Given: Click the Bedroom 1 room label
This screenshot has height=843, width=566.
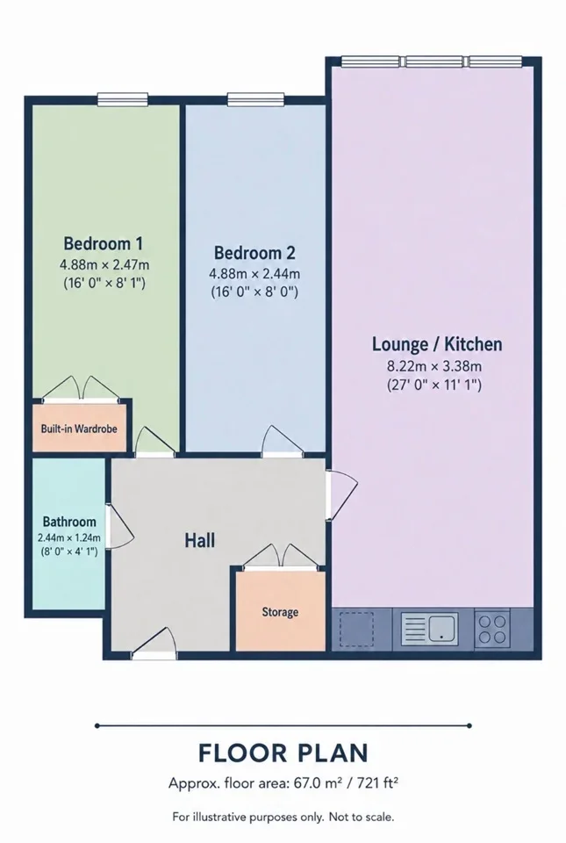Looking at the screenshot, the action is pyautogui.click(x=103, y=243).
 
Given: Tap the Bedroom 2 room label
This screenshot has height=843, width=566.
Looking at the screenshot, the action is pyautogui.click(x=254, y=253).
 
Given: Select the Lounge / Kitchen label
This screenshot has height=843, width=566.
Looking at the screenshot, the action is pyautogui.click(x=437, y=344).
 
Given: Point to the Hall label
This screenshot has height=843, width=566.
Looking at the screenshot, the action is pyautogui.click(x=200, y=540).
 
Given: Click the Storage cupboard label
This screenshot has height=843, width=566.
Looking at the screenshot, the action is pyautogui.click(x=280, y=612).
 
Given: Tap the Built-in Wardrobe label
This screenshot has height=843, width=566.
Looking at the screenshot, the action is pyautogui.click(x=79, y=429).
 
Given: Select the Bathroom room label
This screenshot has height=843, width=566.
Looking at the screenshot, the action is pyautogui.click(x=69, y=522).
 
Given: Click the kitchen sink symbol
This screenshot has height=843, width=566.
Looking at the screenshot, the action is pyautogui.click(x=430, y=629).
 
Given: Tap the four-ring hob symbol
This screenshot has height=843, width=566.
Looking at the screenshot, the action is pyautogui.click(x=492, y=629).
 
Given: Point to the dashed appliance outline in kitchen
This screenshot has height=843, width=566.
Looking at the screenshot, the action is pyautogui.click(x=355, y=629).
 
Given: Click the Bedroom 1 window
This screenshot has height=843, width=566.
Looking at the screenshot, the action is pyautogui.click(x=123, y=99).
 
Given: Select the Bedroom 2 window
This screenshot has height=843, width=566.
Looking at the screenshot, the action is pyautogui.click(x=255, y=99).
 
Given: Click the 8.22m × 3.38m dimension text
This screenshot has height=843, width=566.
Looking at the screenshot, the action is pyautogui.click(x=434, y=367).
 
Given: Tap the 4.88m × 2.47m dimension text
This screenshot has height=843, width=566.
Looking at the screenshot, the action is pyautogui.click(x=104, y=264).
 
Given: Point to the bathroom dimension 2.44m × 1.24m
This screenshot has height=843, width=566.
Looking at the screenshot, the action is pyautogui.click(x=69, y=537).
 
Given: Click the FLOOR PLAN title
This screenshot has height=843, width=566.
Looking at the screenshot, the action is pyautogui.click(x=283, y=753).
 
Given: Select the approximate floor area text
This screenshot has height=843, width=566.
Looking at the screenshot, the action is pyautogui.click(x=283, y=782).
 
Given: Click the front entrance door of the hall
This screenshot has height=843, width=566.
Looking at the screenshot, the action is pyautogui.click(x=154, y=643).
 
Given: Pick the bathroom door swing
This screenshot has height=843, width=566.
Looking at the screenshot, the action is pyautogui.click(x=118, y=527).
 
